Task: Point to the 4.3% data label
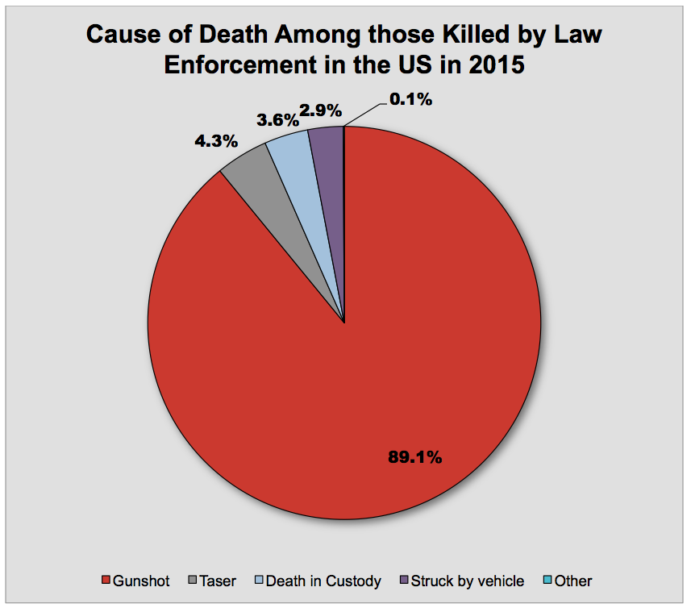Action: [216, 140]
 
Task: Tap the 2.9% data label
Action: [320, 108]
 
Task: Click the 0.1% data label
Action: [410, 100]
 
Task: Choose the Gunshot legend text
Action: [141, 581]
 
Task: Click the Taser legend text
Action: [219, 581]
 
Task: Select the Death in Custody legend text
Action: [323, 581]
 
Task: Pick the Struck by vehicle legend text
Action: [467, 581]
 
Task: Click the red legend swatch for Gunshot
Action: [106, 581]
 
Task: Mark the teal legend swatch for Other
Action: [547, 581]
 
